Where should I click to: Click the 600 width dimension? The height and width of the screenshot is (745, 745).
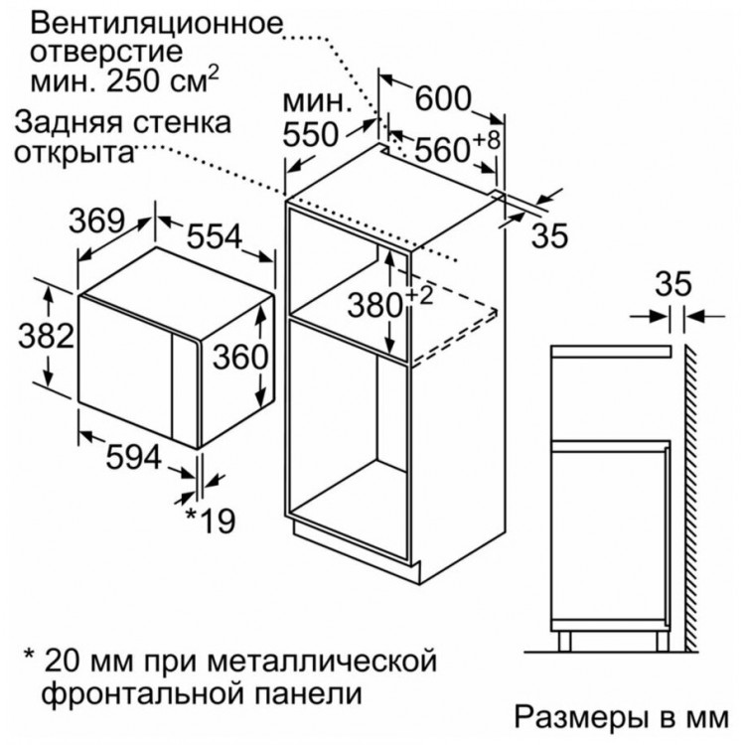443,98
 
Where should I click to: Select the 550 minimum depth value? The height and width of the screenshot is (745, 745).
310,134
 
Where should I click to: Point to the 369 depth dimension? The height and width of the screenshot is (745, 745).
97,221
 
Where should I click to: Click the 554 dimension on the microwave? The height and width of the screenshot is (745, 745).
215,235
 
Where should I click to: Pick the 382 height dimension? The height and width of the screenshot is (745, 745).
47,336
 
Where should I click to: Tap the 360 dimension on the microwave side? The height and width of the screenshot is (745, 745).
240,357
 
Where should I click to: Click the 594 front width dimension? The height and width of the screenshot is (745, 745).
134,458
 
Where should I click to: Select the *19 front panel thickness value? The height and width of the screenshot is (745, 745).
210,521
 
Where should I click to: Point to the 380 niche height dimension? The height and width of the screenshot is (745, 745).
375,305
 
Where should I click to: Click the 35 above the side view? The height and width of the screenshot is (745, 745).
673,284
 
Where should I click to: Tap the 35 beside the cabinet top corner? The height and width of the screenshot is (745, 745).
549,234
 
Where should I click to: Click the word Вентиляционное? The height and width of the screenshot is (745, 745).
156,24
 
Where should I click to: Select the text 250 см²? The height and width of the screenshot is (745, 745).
163,79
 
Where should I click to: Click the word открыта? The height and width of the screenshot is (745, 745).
74,152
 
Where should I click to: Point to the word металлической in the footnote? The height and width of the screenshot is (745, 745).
322,660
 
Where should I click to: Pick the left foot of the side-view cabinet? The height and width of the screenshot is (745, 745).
564,642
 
